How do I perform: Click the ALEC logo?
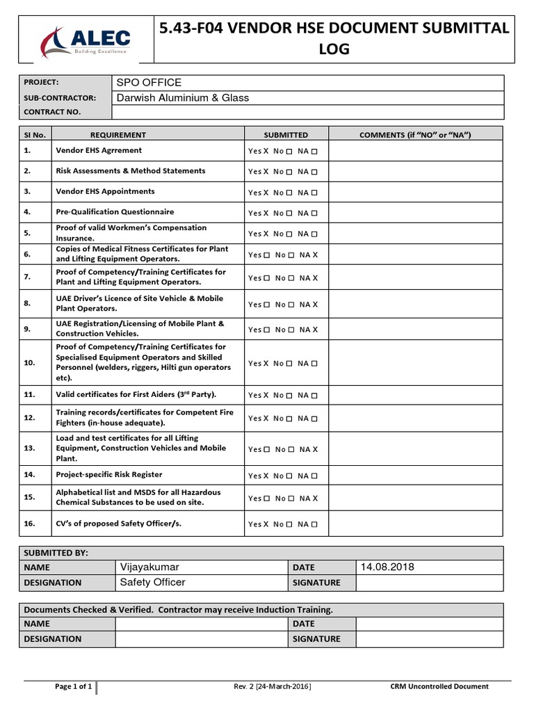[x=84, y=40]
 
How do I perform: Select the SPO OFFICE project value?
[x=149, y=83]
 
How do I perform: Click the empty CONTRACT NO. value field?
[x=307, y=112]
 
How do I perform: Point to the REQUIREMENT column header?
[x=118, y=135]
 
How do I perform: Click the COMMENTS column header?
[x=415, y=135]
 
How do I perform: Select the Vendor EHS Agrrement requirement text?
[x=99, y=150]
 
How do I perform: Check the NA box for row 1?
[x=315, y=152]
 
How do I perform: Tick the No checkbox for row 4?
[x=289, y=213]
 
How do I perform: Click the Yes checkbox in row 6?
[x=267, y=255]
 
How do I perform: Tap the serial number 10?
[x=29, y=363]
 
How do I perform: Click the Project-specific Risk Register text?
[x=109, y=474]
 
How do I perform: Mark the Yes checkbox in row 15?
[x=267, y=499]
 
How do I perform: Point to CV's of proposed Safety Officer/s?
[x=118, y=523]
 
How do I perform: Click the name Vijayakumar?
[x=149, y=567]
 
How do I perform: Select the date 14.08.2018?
[x=387, y=567]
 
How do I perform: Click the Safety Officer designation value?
[x=153, y=583]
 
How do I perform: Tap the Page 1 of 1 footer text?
[x=73, y=687]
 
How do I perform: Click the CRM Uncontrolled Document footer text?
[x=439, y=687]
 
